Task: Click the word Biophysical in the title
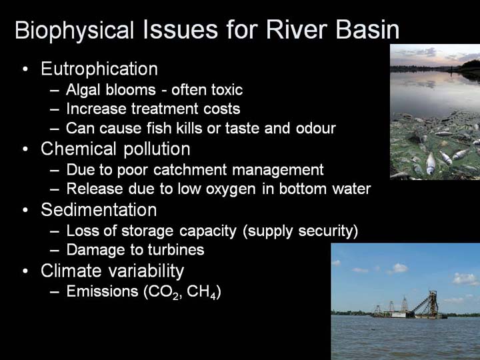click(75, 31)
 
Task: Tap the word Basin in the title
click(367, 30)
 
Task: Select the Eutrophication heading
click(99, 69)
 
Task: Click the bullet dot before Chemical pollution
click(25, 149)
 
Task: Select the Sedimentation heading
click(99, 210)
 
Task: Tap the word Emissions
click(102, 291)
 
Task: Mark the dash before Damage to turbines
click(54, 250)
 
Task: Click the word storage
click(148, 231)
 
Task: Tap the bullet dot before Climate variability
click(25, 271)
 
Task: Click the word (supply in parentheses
click(268, 231)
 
